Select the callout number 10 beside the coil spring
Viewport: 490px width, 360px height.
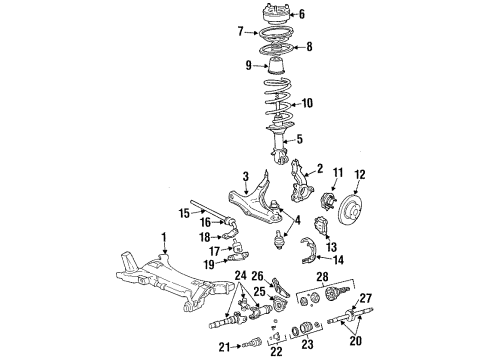(308, 103)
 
